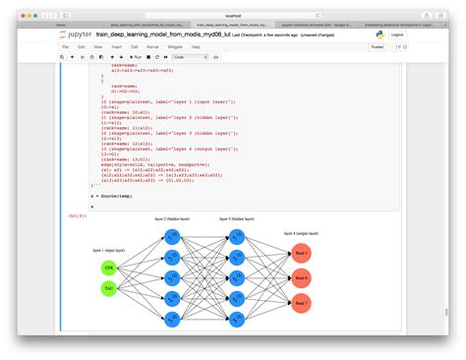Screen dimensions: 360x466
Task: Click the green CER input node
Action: pos(109,268)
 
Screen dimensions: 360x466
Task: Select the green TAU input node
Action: pos(109,288)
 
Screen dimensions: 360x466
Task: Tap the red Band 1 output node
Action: pos(302,254)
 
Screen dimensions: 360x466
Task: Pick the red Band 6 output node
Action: pos(302,278)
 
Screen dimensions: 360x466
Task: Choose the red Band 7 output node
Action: pos(302,303)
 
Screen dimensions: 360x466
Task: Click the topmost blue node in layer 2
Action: pos(172,237)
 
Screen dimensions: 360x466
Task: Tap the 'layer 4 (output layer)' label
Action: pos(301,234)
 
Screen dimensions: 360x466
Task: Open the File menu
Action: pos(65,46)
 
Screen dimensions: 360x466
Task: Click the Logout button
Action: pos(397,33)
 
